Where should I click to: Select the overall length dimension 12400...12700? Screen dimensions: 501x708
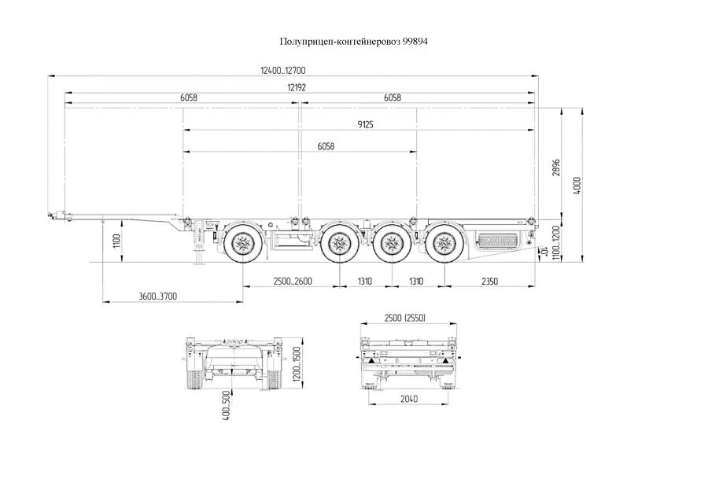point(283,71)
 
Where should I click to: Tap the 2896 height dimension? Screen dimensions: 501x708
point(556,168)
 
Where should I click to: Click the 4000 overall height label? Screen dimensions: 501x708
point(577,187)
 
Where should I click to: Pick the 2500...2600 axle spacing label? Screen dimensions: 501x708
point(292,281)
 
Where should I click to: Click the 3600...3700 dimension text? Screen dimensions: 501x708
point(157,296)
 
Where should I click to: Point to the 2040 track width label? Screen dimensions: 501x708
point(407,400)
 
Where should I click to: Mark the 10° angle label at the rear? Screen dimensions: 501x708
point(544,252)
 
